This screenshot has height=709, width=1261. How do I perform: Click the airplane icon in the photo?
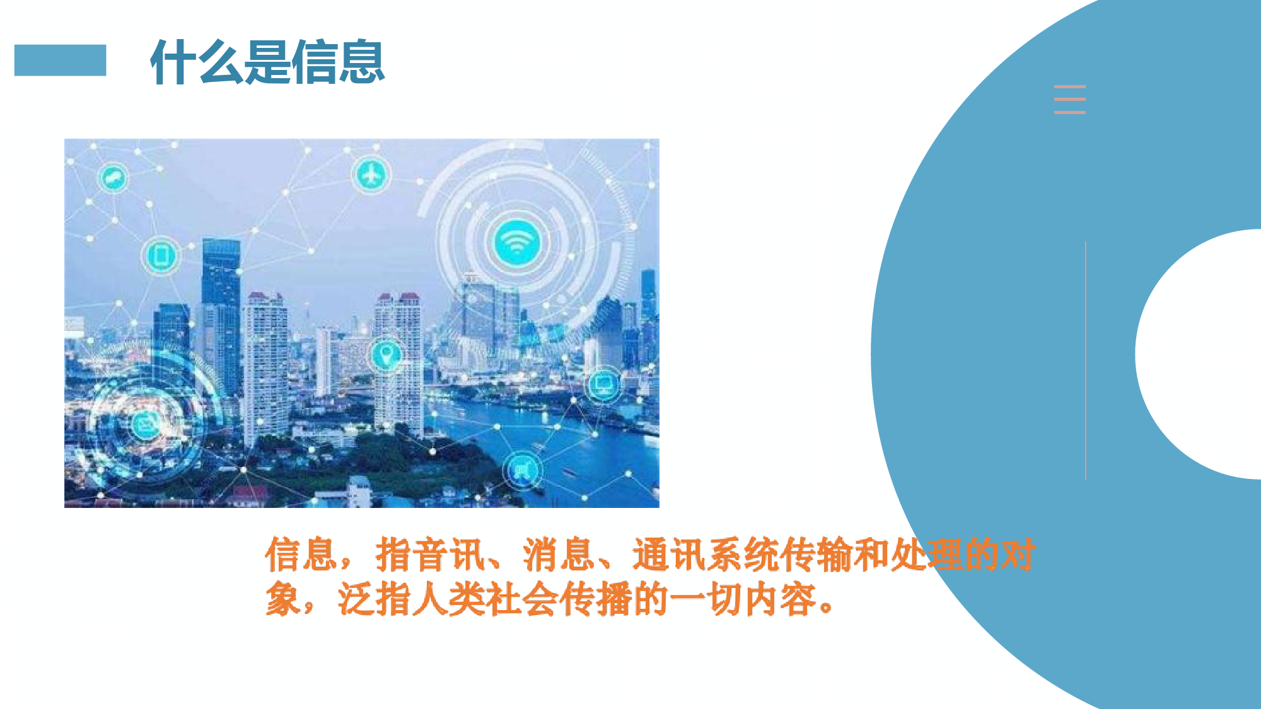point(371,175)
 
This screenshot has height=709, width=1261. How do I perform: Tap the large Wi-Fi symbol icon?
point(516,242)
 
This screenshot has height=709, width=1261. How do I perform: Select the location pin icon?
point(385,355)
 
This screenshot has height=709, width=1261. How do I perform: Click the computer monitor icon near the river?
point(603,383)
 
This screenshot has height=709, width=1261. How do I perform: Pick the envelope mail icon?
point(146,424)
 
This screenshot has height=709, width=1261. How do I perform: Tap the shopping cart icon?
point(523,470)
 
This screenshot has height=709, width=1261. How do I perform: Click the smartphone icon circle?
point(160,255)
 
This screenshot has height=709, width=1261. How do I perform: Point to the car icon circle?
point(113,178)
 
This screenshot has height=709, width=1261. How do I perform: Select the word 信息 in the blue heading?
point(338,62)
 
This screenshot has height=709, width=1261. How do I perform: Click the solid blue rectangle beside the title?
point(60,61)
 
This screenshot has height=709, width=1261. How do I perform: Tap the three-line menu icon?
point(1070,100)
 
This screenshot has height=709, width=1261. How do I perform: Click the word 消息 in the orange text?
point(559,555)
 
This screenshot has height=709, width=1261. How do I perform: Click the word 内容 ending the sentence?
point(781,599)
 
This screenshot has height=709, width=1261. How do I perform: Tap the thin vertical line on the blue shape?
point(1086,360)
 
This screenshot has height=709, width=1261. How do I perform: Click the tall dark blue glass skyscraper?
point(221,315)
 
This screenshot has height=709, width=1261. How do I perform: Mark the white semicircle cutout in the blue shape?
point(1198,354)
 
